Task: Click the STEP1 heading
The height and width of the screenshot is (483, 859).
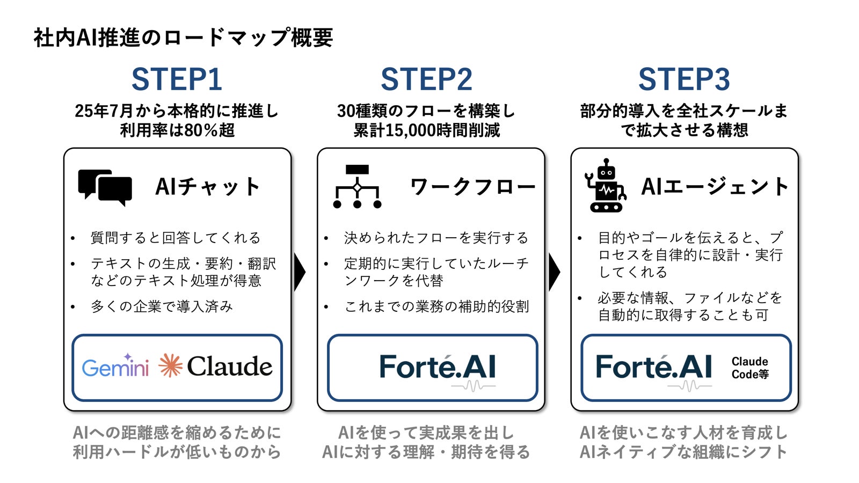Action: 177,79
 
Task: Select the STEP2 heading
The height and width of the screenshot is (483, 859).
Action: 426,79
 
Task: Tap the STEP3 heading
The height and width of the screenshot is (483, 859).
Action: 684,79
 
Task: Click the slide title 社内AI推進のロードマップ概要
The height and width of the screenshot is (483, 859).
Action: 183,38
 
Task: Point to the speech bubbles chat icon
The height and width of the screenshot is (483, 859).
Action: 105,187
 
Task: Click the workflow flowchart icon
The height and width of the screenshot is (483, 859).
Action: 358,187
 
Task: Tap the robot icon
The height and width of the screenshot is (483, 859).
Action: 606,186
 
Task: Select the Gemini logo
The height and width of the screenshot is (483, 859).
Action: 115,365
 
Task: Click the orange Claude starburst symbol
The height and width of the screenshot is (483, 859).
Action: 171,365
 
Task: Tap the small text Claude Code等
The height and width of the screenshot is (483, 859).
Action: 750,368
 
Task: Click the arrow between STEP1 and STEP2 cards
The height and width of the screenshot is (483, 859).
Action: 300,272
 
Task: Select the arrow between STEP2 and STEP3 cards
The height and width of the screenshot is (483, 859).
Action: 555,272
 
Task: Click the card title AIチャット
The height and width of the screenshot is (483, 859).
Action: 208,187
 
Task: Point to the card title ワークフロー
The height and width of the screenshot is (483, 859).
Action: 472,187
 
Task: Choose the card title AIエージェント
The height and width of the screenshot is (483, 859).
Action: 715,187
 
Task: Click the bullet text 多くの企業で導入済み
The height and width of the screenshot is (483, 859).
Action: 162,306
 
